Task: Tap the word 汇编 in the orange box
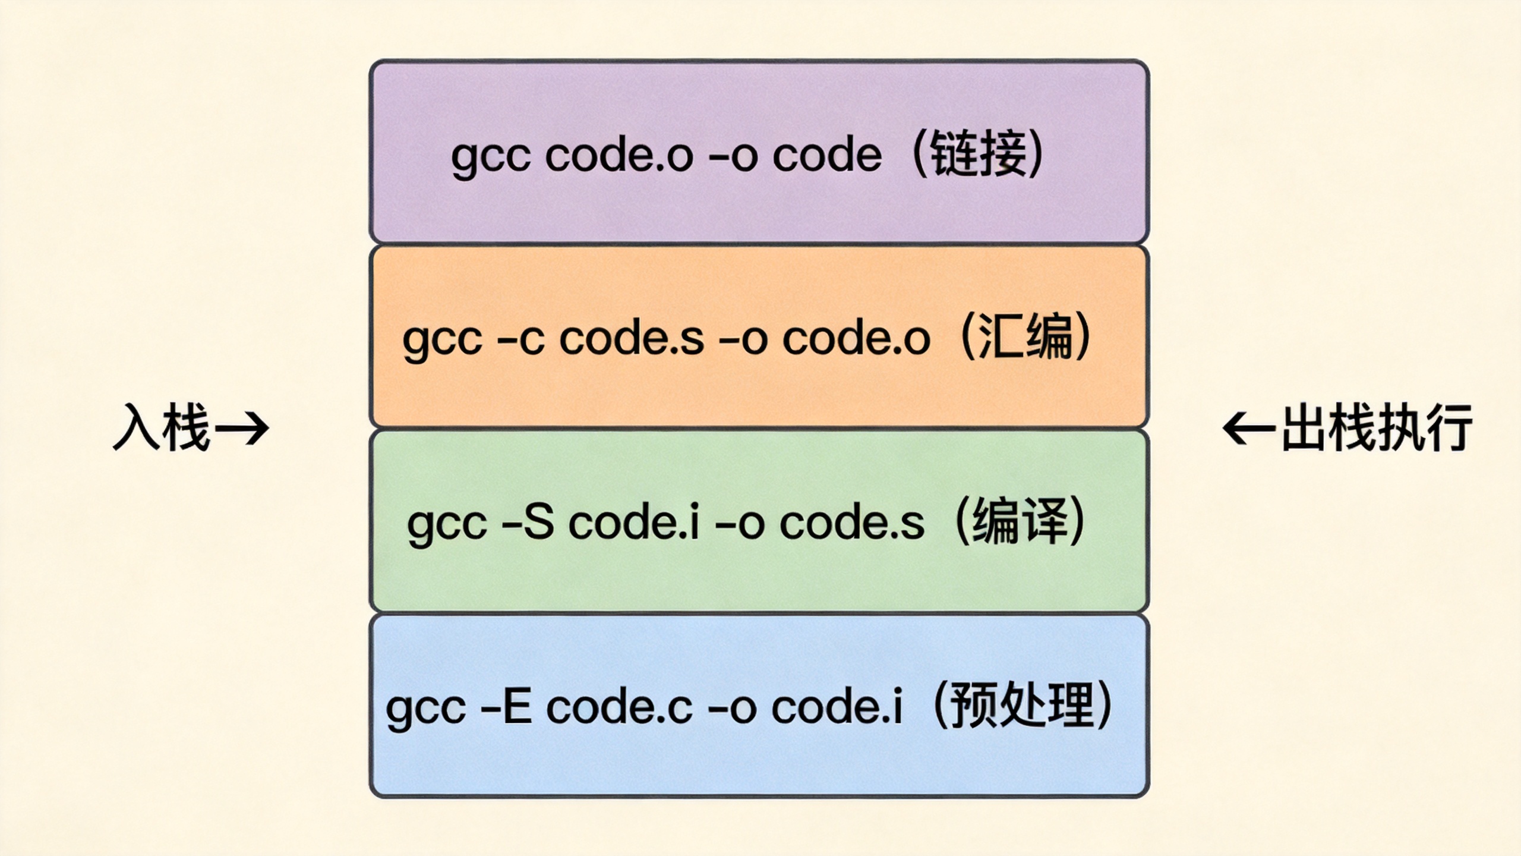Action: click(1025, 338)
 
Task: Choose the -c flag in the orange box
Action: click(520, 339)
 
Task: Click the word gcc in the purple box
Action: click(490, 157)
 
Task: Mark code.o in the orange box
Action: click(856, 339)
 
